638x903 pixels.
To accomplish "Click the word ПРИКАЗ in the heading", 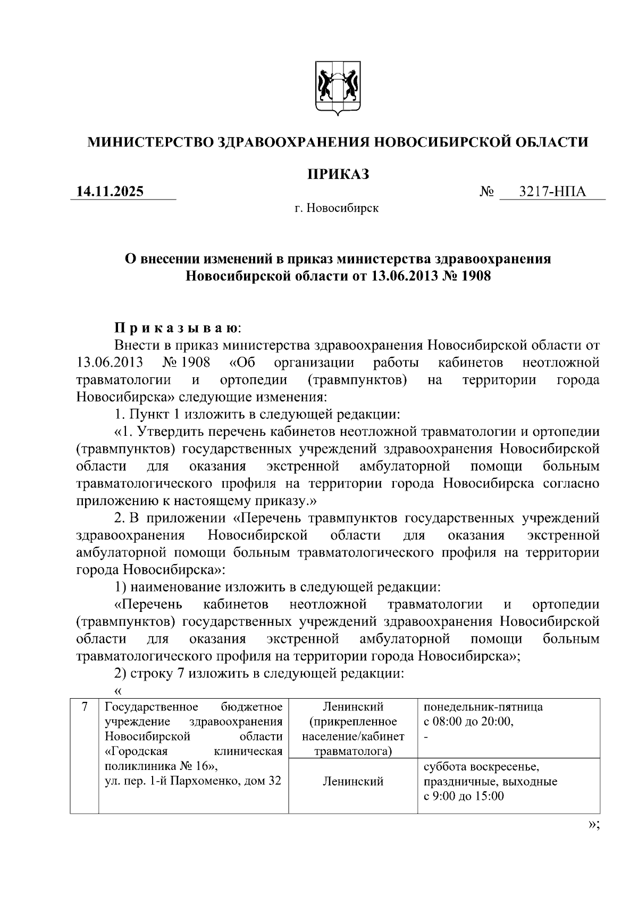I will (x=338, y=174).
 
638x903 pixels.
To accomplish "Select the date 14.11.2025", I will (x=110, y=191).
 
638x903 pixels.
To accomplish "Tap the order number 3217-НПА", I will (x=552, y=191).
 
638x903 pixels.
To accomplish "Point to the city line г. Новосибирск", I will (x=337, y=208).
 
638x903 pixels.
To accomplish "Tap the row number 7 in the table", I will (x=84, y=708).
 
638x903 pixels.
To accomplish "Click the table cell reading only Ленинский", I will (x=353, y=781).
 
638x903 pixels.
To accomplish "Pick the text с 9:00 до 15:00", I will (x=464, y=796).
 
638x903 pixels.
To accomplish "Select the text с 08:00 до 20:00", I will (x=468, y=722).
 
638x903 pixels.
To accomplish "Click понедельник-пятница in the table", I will (x=483, y=707).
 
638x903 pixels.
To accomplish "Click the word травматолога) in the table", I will (x=353, y=751).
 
